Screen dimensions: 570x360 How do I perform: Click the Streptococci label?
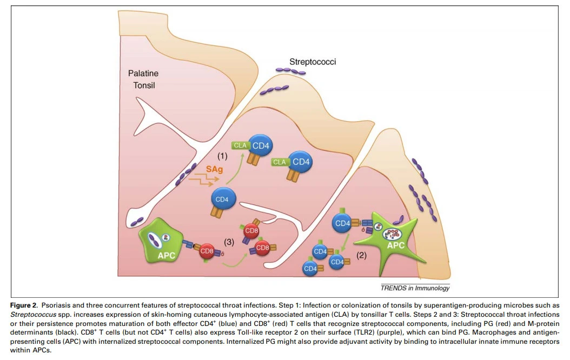313,62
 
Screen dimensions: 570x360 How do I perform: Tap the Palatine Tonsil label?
144,79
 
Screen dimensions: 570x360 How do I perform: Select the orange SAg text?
215,169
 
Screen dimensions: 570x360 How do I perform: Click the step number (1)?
222,156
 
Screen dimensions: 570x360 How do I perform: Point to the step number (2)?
361,255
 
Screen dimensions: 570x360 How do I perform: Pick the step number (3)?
229,242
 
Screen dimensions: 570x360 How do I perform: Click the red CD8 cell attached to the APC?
207,251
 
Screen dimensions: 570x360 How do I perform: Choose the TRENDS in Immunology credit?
415,288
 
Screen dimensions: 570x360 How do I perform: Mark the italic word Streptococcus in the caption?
33,314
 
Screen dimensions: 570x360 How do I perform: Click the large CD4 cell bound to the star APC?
342,223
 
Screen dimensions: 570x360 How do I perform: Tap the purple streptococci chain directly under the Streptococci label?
290,71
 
